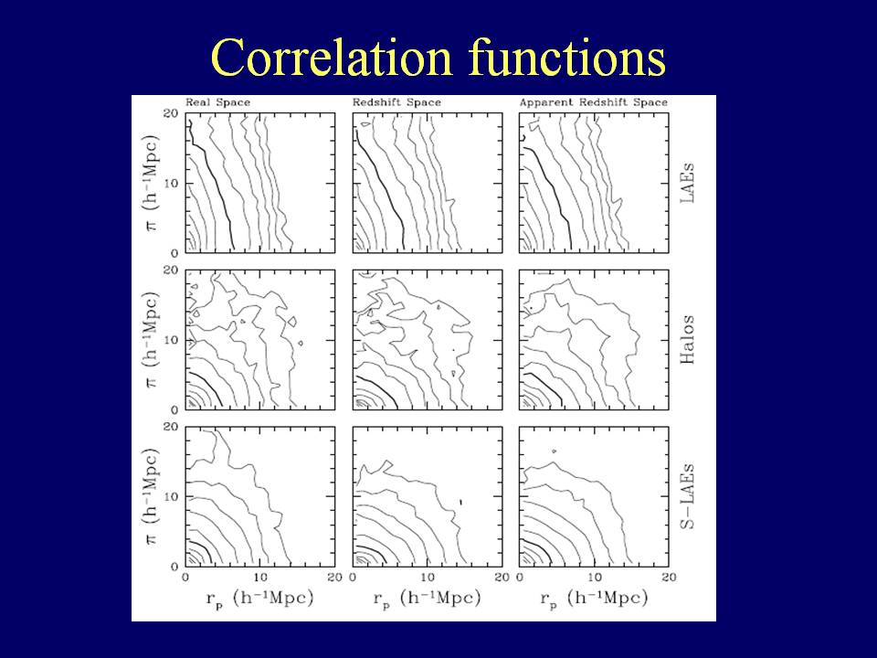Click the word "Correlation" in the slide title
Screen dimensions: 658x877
pos(333,58)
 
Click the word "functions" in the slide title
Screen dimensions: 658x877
pos(566,58)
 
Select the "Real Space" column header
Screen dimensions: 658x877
pos(217,102)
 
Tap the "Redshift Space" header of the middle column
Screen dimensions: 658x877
pos(396,102)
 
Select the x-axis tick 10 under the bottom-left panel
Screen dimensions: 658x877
pos(260,578)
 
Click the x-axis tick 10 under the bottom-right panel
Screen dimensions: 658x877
pos(594,578)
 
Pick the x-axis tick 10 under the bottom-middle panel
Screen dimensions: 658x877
pos(427,578)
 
